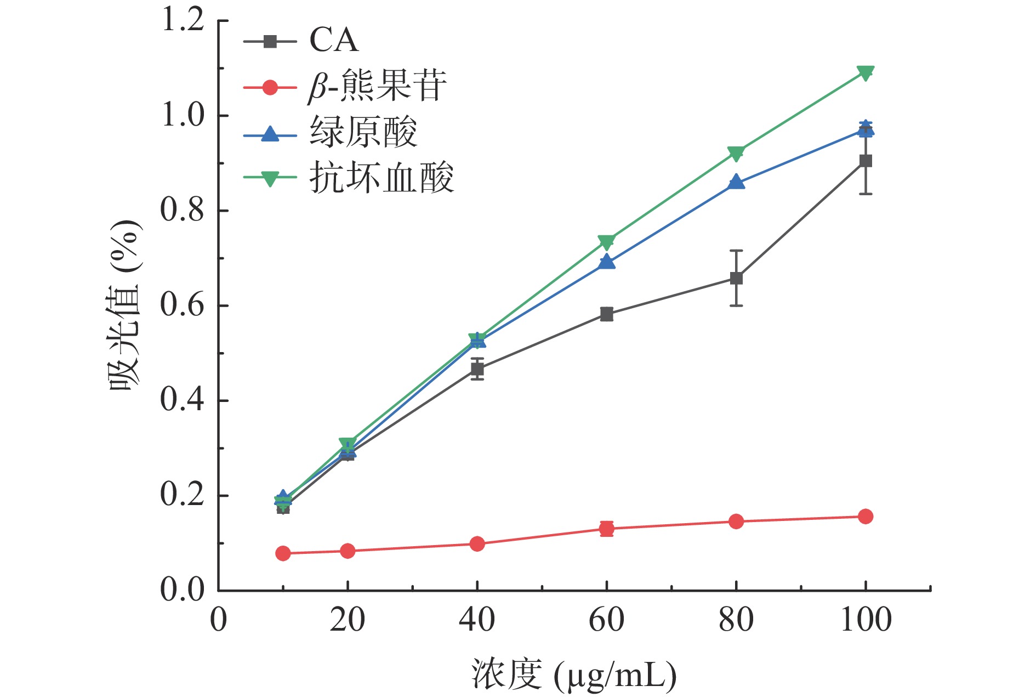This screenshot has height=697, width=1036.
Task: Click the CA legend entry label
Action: [x=333, y=41]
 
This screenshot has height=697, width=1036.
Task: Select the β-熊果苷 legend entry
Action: [x=377, y=87]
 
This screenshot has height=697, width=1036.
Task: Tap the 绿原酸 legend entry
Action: [x=363, y=133]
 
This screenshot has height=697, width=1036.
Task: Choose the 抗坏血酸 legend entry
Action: [x=382, y=178]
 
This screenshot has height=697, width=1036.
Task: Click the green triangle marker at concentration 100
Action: [x=866, y=73]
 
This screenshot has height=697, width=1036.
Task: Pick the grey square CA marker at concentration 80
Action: [x=736, y=278]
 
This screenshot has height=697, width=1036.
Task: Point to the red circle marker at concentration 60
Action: [x=606, y=529]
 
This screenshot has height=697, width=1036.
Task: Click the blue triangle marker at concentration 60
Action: [x=606, y=262]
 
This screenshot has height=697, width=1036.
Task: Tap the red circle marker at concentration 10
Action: [x=283, y=553]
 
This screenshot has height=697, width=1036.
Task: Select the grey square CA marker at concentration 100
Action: [x=866, y=161]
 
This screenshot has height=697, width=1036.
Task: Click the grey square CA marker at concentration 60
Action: [x=606, y=314]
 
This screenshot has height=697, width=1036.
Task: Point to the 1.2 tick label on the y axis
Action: [x=183, y=21]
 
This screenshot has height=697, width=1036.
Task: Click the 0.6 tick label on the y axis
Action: [x=183, y=305]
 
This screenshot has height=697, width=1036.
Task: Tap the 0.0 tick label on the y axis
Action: [x=183, y=591]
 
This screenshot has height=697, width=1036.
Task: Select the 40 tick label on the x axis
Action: [x=477, y=620]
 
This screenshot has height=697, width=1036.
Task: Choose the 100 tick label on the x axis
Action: [x=866, y=620]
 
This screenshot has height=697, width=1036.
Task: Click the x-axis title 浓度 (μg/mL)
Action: [x=573, y=675]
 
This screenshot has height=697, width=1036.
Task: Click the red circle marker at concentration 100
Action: [x=866, y=516]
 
